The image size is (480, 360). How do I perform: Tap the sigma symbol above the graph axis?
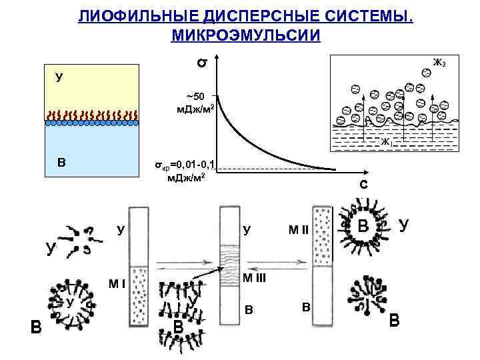click(200, 63)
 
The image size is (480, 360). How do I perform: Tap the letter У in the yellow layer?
click(59, 78)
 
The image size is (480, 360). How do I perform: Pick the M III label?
click(254, 278)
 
